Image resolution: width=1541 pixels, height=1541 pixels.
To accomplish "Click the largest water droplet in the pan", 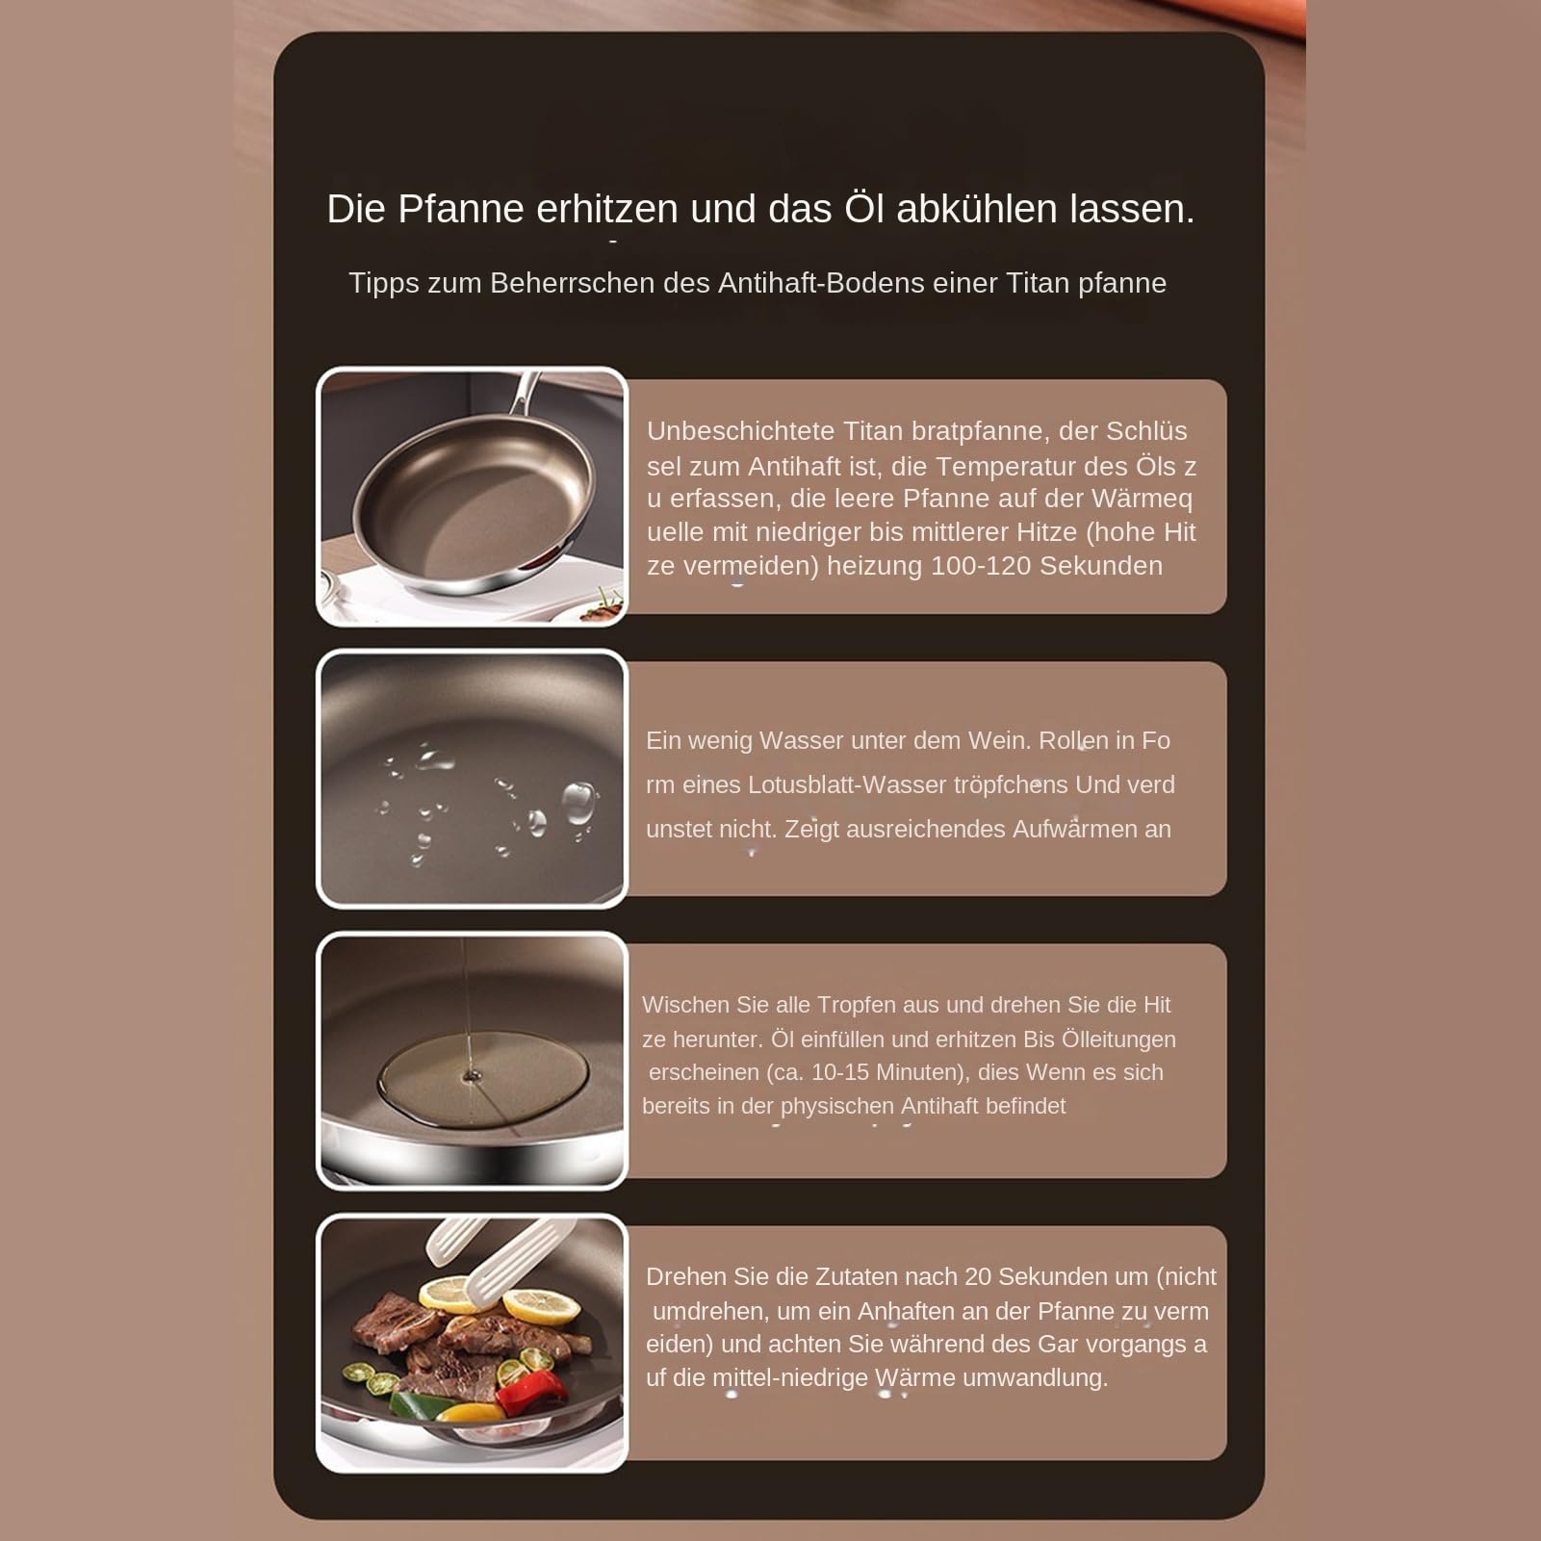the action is coord(578,804).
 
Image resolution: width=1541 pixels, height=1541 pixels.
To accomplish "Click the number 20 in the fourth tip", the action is coord(978,1277).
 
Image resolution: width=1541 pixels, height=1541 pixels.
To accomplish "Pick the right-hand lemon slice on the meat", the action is coord(541,1306).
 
